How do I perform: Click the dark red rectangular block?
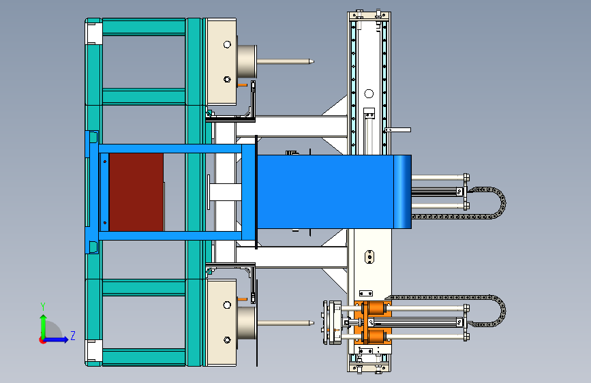136,192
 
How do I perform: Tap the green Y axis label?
43,307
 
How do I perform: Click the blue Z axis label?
73,335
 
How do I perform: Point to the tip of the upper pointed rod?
314,61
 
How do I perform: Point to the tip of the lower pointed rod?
314,322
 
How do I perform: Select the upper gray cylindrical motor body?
247,61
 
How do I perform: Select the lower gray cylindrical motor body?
247,322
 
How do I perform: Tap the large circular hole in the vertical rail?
369,93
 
